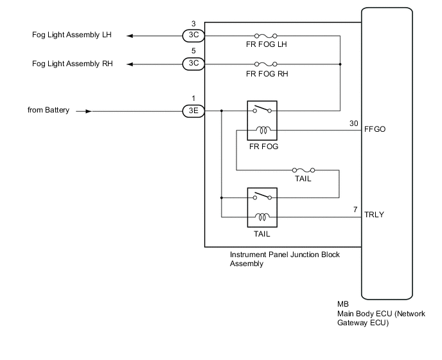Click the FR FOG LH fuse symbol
click(265, 36)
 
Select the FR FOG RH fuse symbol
click(265, 64)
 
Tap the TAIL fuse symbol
click(303, 170)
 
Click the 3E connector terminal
click(193, 111)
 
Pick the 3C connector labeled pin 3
click(193, 35)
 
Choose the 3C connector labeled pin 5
click(193, 64)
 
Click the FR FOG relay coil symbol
click(263, 130)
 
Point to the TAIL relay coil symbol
click(262, 217)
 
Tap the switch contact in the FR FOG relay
click(262, 109)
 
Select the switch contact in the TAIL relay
click(262, 196)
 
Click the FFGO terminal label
click(375, 129)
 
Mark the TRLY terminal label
click(374, 215)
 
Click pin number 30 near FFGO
click(354, 123)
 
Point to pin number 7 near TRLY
click(355, 210)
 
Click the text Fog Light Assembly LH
click(71, 35)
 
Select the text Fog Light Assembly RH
click(72, 64)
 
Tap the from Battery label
click(48, 110)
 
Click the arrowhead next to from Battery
click(89, 111)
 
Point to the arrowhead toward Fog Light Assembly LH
click(130, 36)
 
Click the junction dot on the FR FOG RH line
click(340, 64)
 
